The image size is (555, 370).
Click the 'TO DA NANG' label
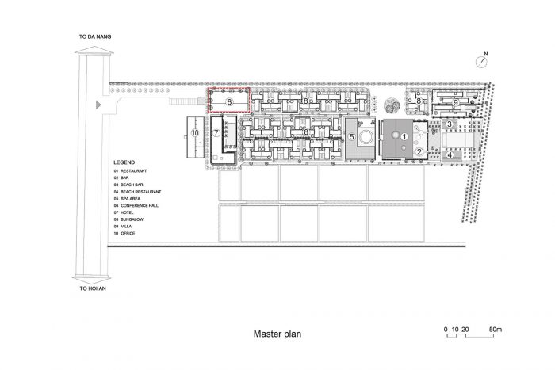click(95, 36)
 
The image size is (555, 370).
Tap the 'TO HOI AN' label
click(93, 288)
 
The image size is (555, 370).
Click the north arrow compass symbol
click(481, 61)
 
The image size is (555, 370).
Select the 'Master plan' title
click(277, 334)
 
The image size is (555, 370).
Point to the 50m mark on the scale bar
click(496, 330)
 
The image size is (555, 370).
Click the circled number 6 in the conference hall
click(229, 102)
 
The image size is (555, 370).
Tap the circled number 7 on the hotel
click(216, 133)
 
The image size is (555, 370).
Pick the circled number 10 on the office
click(195, 133)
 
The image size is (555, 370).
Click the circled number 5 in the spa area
click(352, 136)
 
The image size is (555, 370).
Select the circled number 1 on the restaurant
click(404, 136)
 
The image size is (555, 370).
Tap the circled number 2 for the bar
click(419, 152)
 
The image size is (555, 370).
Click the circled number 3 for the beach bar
click(450, 124)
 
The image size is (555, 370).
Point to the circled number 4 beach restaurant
click(450, 154)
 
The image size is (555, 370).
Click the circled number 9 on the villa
click(456, 102)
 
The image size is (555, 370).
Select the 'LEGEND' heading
click(124, 162)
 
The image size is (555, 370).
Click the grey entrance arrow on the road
click(98, 105)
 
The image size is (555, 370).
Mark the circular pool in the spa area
click(366, 136)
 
